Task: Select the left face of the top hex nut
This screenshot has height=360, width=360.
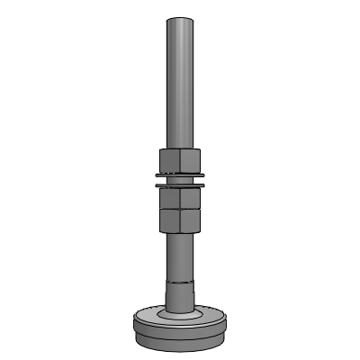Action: coord(170,159)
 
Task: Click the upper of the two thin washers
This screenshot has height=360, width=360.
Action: coord(180,174)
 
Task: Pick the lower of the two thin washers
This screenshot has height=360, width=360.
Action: coord(180,185)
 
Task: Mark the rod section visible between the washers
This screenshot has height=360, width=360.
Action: coord(180,179)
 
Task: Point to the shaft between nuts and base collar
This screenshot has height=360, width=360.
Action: coord(180,256)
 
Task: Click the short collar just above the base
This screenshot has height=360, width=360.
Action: coord(180,297)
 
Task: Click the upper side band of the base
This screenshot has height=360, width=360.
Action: coord(180,330)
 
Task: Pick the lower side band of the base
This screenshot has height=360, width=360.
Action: coord(180,342)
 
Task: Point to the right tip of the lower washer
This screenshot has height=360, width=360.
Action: coord(204,184)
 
